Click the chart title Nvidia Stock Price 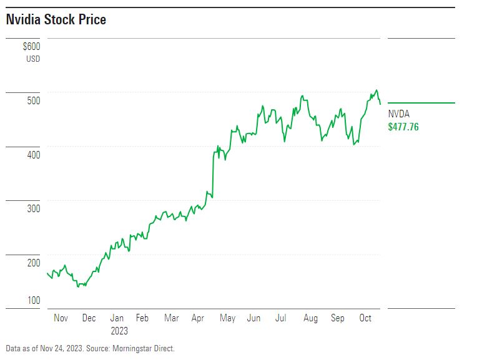[56, 20]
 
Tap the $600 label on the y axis [31, 47]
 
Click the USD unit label [33, 59]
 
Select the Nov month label [61, 318]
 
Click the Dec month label [89, 318]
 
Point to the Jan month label [117, 318]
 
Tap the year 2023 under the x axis [119, 331]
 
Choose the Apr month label [198, 318]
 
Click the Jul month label [281, 318]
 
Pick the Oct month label [365, 318]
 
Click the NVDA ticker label [399, 114]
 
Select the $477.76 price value [403, 127]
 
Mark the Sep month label [337, 318]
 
